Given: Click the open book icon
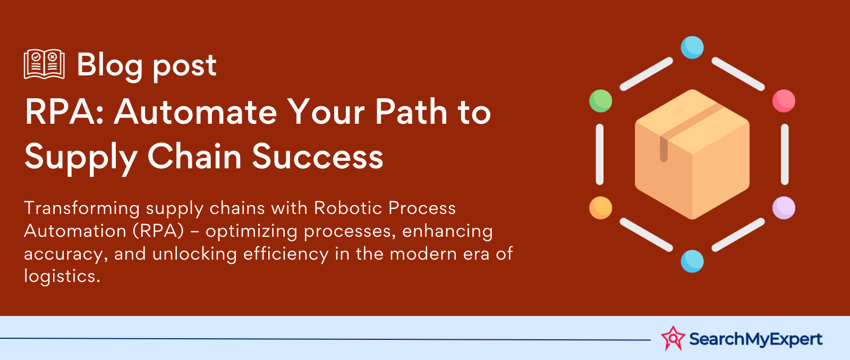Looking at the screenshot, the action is pos(44,64).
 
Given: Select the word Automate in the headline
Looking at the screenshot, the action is pos(196,112).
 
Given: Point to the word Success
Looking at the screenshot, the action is pos(318,156).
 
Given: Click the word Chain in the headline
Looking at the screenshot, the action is pos(194,156).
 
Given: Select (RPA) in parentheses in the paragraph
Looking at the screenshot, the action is pos(159,231).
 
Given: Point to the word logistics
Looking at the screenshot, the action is pos(62,276).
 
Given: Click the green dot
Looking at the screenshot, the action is pos(601,101).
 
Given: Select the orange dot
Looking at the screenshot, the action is pos(601,208).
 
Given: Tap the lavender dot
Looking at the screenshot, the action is pos(784,208).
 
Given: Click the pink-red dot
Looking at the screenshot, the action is pos(784,101).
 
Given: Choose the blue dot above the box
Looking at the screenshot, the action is pos(692,47).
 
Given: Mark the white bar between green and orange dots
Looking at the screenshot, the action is pos(600,155).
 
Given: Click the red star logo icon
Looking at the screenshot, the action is pos(673,338).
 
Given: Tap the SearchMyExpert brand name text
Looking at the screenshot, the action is pos(755,339).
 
